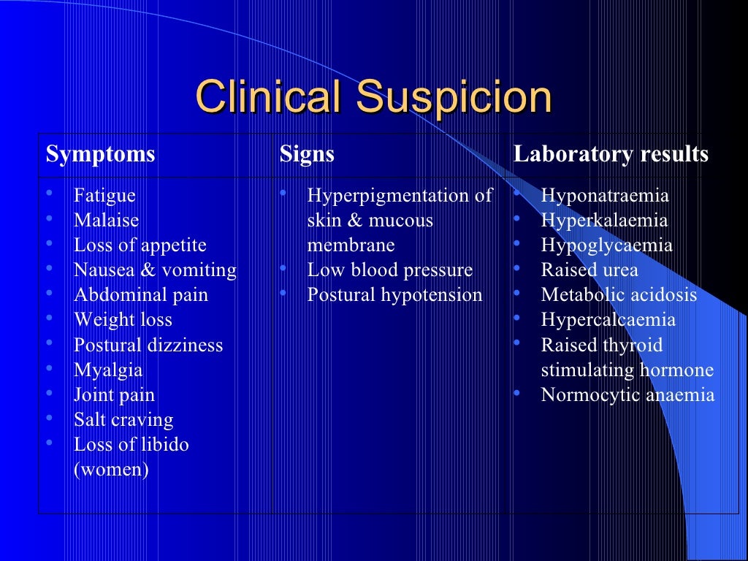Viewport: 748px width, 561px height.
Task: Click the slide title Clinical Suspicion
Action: coord(373,97)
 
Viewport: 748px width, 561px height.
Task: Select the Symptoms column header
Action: coord(101,154)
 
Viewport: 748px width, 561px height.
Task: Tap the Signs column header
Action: coord(307,154)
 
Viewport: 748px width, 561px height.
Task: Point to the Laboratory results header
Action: coord(611,154)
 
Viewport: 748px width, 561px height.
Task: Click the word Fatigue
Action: coord(104,196)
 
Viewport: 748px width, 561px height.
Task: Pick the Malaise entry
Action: coord(106,220)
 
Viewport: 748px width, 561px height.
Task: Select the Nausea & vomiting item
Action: coord(155,270)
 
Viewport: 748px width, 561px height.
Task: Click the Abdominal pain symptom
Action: coord(141,295)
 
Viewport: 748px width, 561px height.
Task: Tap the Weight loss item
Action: coord(123,320)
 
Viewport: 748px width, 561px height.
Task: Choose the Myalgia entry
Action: coord(108,370)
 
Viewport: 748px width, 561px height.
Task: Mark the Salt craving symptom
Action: coord(123,420)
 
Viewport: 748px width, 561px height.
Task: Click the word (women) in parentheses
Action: coord(111,469)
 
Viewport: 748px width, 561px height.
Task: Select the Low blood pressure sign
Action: coord(390,270)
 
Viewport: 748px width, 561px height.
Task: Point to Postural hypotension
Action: coord(394,295)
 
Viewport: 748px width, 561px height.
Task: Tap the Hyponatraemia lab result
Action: coord(605,196)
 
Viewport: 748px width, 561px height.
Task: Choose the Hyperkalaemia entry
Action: coord(604,220)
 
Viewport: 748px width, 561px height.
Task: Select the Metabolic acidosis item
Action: coord(619,295)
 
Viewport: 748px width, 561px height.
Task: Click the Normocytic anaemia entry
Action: coord(627,395)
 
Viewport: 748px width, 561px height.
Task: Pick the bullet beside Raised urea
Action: coord(516,269)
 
